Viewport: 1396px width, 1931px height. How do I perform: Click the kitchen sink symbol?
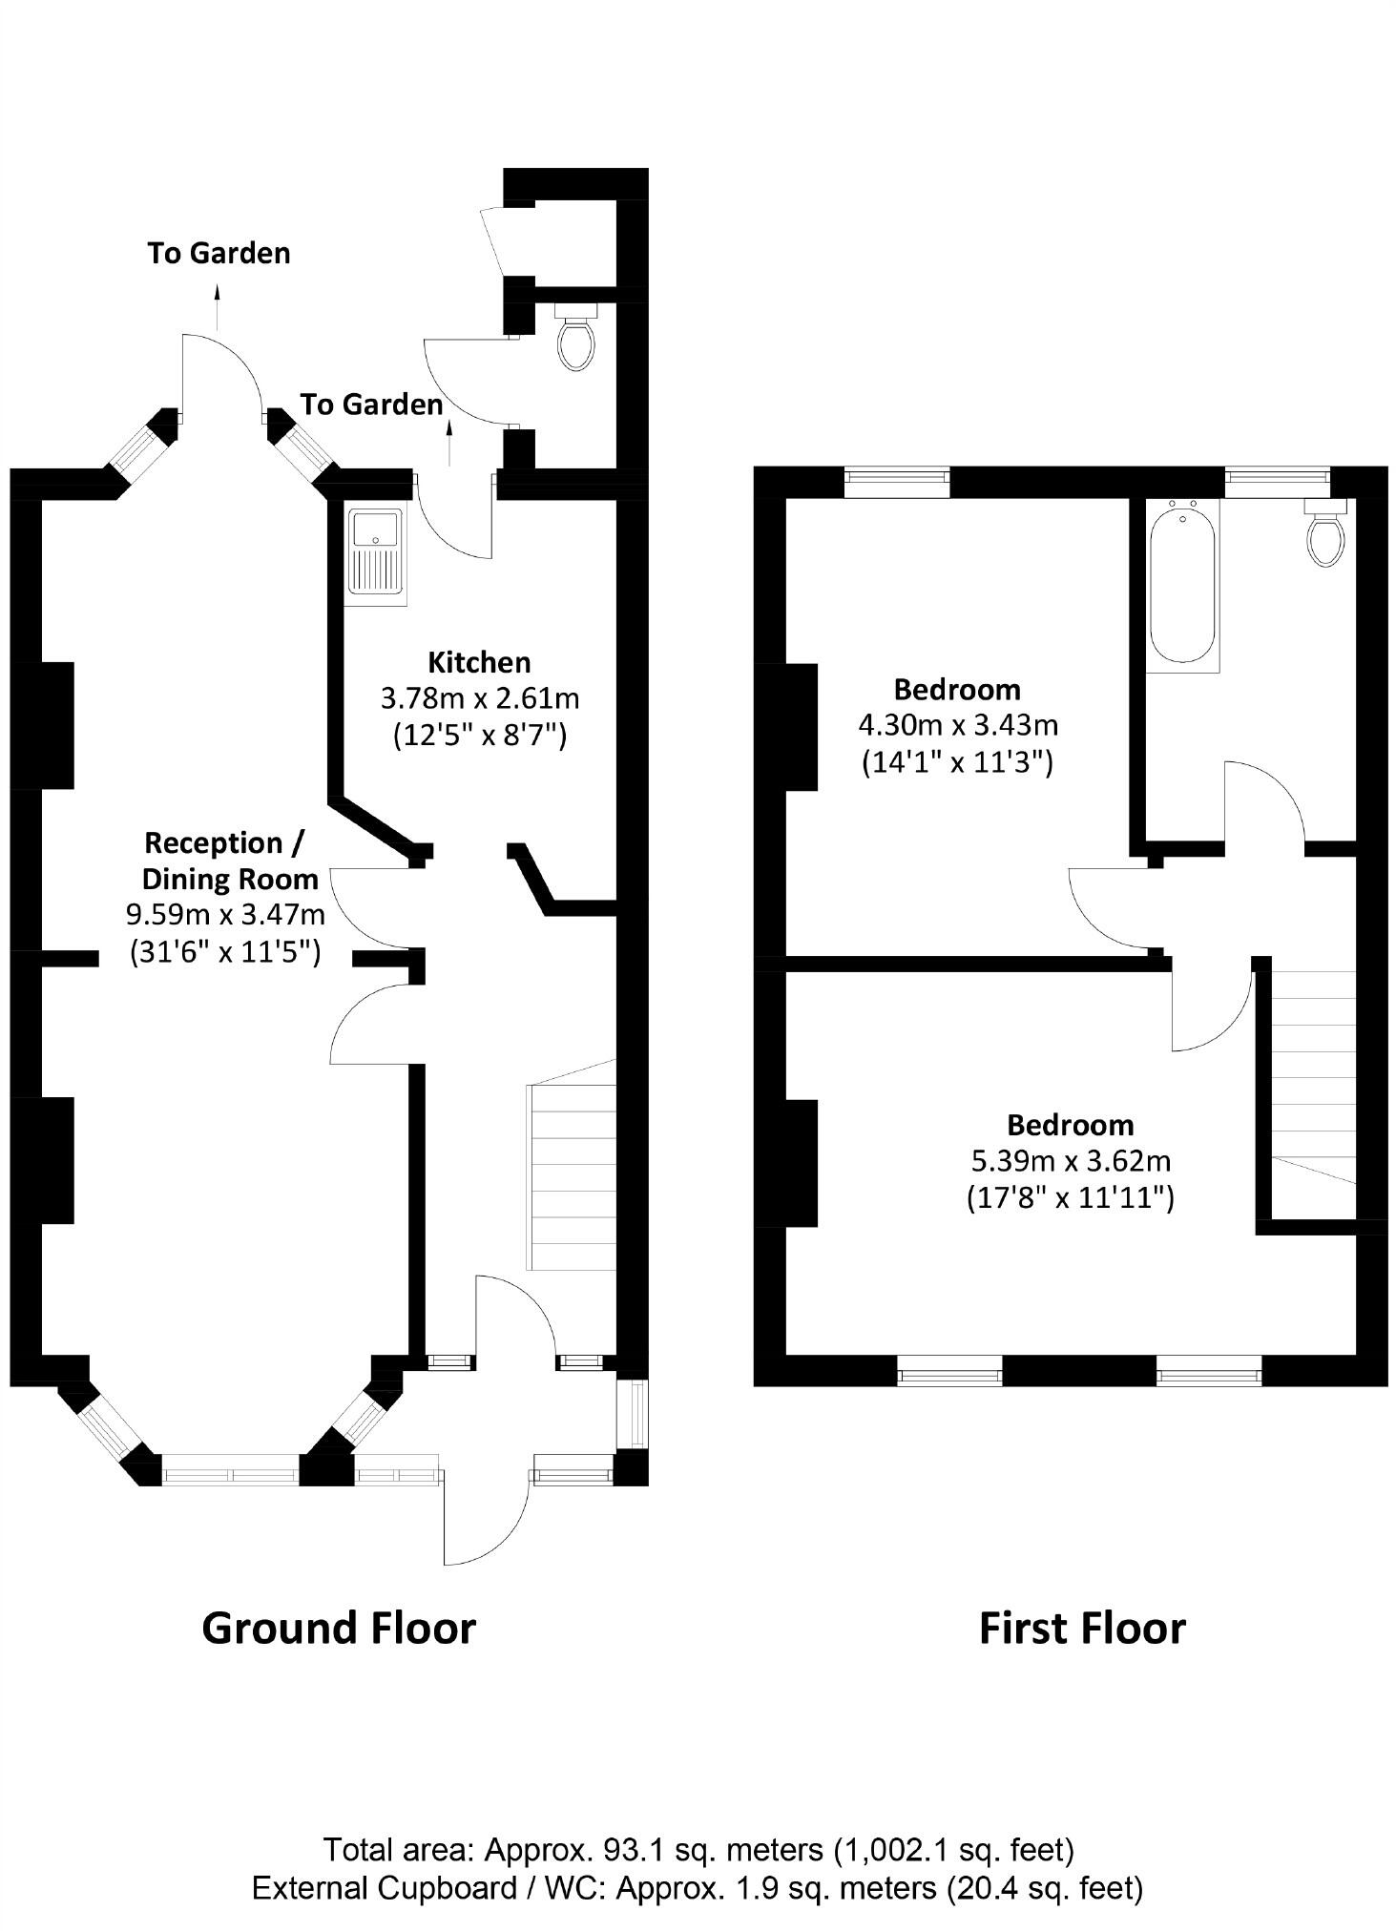[x=378, y=557]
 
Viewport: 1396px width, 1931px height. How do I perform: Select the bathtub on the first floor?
[x=1182, y=585]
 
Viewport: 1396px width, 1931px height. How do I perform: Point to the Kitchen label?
[x=479, y=662]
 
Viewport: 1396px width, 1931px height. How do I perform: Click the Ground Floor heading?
[x=339, y=1628]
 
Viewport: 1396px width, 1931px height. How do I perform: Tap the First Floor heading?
[x=1082, y=1628]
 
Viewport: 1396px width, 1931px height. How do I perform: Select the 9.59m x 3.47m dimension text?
[x=226, y=915]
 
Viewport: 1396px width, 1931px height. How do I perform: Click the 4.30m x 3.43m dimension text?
[x=958, y=725]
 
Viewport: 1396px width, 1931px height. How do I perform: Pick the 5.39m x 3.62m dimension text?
[x=1070, y=1161]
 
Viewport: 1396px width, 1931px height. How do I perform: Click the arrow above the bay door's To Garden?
[x=218, y=305]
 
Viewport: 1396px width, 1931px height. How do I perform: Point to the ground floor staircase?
[x=571, y=1179]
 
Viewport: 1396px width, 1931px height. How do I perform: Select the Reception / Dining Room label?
[x=226, y=861]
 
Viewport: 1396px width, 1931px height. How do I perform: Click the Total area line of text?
[x=698, y=1850]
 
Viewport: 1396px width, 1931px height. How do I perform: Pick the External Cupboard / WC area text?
[x=698, y=1887]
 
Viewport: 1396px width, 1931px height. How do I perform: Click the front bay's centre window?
[x=231, y=1474]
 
